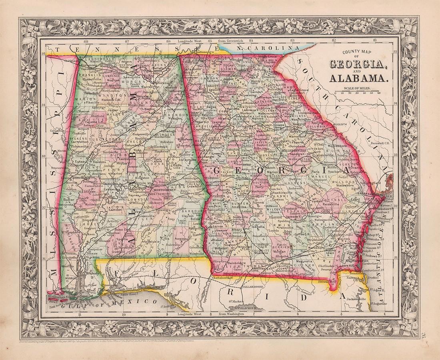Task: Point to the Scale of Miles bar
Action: pos(358,90)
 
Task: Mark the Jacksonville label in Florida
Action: pos(354,298)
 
